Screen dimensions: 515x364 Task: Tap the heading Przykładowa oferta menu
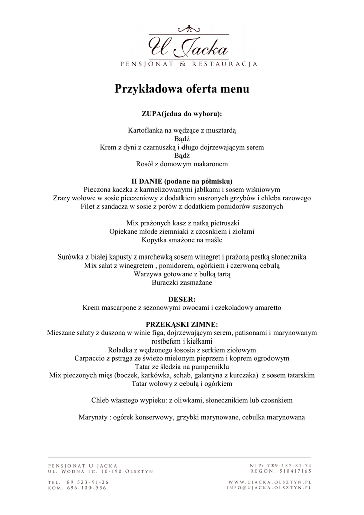182,89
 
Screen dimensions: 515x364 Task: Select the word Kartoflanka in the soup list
145,130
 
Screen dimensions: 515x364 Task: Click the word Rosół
146,164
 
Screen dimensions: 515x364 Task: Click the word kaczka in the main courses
128,189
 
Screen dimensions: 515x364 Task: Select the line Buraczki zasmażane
181,283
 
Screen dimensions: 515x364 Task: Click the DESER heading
181,299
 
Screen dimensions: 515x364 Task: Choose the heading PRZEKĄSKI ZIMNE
181,324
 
